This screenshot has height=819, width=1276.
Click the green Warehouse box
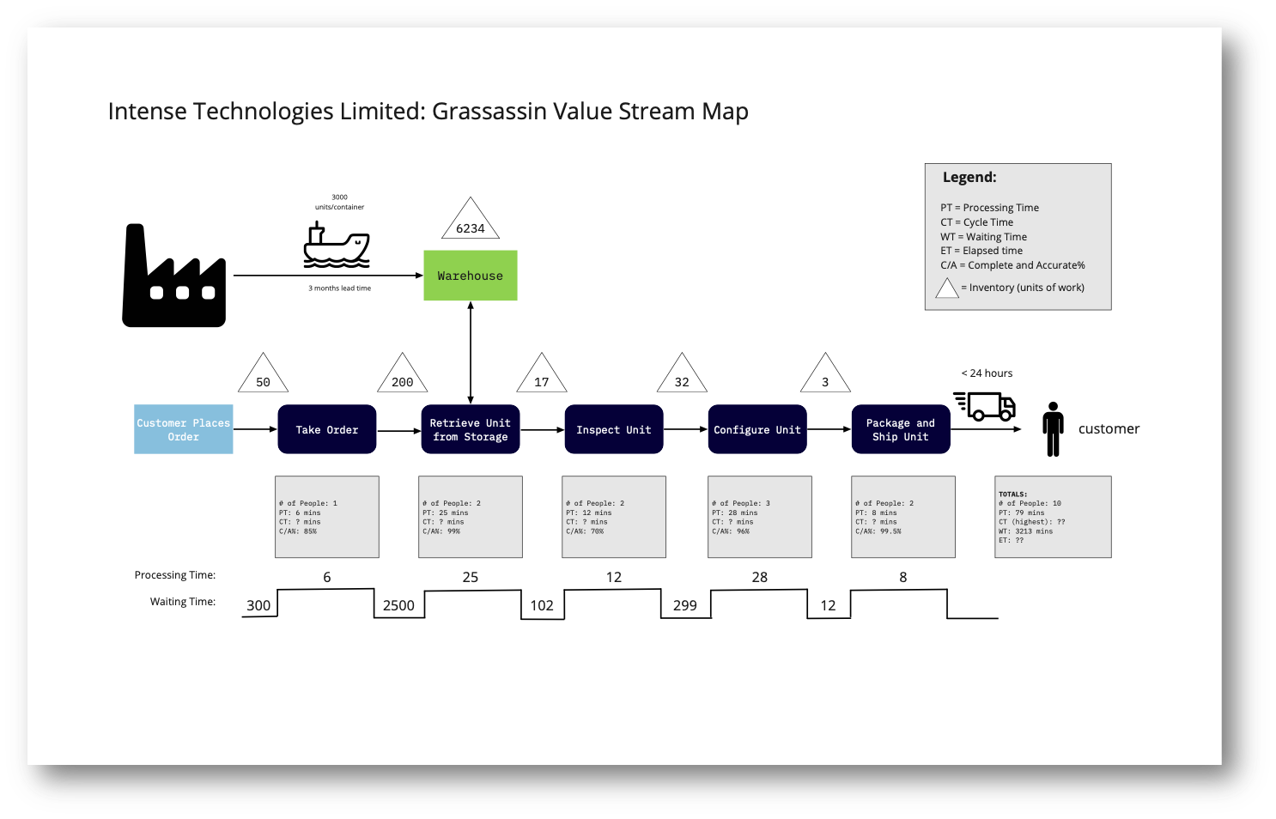470,276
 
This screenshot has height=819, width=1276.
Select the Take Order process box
326,429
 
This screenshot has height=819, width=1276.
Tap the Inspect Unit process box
613,429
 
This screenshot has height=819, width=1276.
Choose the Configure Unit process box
756,429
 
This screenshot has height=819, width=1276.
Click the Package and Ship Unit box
900,429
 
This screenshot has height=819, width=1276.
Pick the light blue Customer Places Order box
183,429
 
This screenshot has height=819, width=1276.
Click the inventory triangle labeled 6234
470,222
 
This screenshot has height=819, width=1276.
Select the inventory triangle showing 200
402,377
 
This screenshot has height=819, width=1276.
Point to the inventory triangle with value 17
541,377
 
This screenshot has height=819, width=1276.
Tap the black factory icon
174,279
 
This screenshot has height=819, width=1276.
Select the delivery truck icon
986,405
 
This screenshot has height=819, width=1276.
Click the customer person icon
1053,428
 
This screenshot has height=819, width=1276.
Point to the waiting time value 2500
398,605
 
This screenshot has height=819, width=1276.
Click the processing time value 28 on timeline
759,577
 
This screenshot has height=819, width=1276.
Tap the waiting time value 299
684,605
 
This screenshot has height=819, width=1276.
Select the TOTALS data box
1052,517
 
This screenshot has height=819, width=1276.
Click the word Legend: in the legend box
969,177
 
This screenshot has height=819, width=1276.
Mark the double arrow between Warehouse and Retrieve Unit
471,352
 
